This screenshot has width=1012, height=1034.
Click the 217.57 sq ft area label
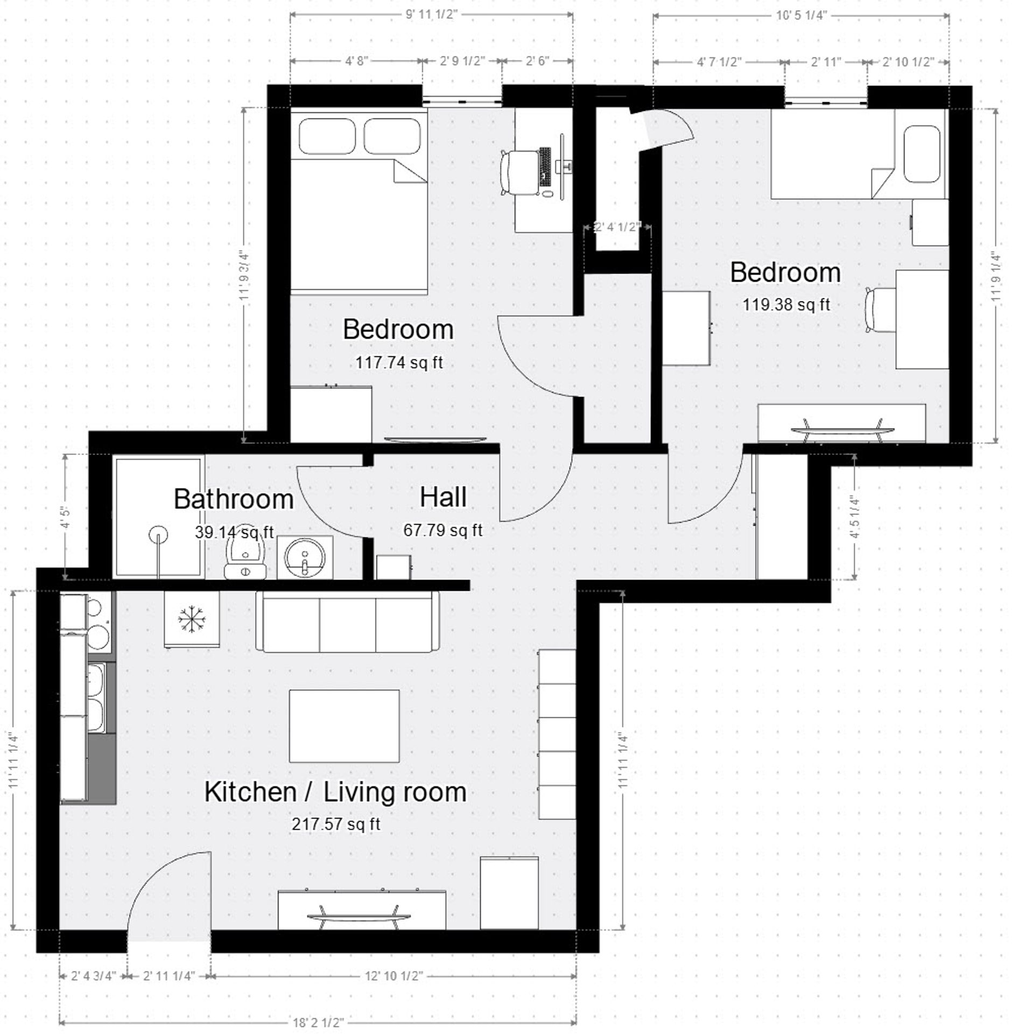pyautogui.click(x=336, y=824)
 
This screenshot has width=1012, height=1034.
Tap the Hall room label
pyautogui.click(x=443, y=497)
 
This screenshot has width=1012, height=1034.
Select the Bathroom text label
pyautogui.click(x=234, y=499)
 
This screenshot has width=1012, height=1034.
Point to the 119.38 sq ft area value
pyautogui.click(x=786, y=305)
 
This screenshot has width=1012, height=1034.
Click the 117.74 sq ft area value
pyautogui.click(x=399, y=362)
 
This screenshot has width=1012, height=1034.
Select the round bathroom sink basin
pyautogui.click(x=304, y=556)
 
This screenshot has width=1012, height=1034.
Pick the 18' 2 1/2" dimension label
pyautogui.click(x=318, y=1022)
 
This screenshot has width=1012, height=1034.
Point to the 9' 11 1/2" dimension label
pyautogui.click(x=431, y=15)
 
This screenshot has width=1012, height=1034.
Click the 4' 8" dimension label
pyautogui.click(x=356, y=61)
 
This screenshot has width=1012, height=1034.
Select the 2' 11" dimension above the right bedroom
pyautogui.click(x=825, y=62)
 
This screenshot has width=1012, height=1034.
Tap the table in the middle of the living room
pyautogui.click(x=344, y=725)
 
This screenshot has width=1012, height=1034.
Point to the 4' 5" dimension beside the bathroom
pyautogui.click(x=65, y=516)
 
